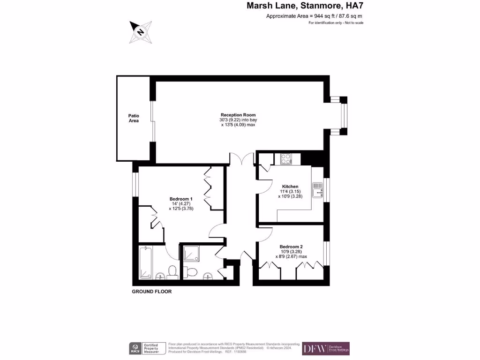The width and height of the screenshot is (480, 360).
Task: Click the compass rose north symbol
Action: (x=140, y=32)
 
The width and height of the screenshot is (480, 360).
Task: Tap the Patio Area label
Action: (x=134, y=118)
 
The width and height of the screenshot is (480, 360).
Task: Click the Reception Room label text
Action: (x=239, y=115)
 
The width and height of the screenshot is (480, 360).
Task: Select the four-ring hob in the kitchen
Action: (x=286, y=159)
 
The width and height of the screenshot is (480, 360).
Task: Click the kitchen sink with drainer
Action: (x=318, y=189)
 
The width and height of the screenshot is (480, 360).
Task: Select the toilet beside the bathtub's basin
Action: (x=172, y=271)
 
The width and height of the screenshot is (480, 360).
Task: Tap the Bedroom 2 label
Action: (x=291, y=247)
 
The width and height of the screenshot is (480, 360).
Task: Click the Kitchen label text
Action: (x=290, y=187)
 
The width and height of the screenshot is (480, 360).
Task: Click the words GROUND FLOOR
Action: (x=152, y=292)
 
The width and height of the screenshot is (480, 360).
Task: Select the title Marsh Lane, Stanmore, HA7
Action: (x=305, y=6)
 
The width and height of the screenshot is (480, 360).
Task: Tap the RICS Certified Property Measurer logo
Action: (x=147, y=348)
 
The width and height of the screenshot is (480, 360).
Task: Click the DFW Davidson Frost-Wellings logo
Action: (x=326, y=348)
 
